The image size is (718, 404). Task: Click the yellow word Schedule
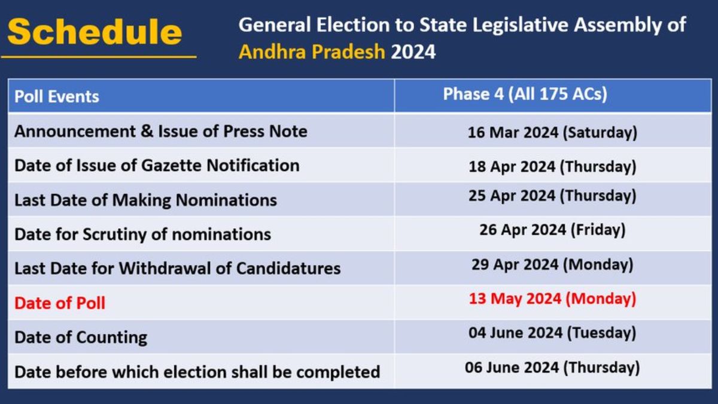[95, 32]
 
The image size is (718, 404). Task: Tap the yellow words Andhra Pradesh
[312, 51]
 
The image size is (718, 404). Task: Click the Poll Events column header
[57, 96]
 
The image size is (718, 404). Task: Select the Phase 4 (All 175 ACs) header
[525, 95]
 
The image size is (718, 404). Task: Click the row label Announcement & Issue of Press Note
[161, 132]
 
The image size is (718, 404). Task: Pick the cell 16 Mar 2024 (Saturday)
[552, 132]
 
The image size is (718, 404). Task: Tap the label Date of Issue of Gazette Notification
[157, 166]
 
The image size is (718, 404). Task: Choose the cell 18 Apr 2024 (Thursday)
[552, 167]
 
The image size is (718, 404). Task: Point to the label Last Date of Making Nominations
[145, 201]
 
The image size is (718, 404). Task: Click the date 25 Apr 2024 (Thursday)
[552, 196]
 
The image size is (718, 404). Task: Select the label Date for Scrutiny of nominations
[142, 235]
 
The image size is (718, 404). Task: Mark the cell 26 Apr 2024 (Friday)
[552, 230]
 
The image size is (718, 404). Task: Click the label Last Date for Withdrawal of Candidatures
[178, 268]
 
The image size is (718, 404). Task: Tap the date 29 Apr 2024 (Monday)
[552, 265]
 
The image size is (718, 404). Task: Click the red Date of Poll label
[60, 303]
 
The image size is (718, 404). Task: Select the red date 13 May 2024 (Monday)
[552, 299]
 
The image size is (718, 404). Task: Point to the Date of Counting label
[81, 338]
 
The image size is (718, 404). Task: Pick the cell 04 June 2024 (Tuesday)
[552, 333]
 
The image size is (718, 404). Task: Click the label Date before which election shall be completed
[197, 372]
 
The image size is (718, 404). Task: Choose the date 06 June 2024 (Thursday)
[552, 367]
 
